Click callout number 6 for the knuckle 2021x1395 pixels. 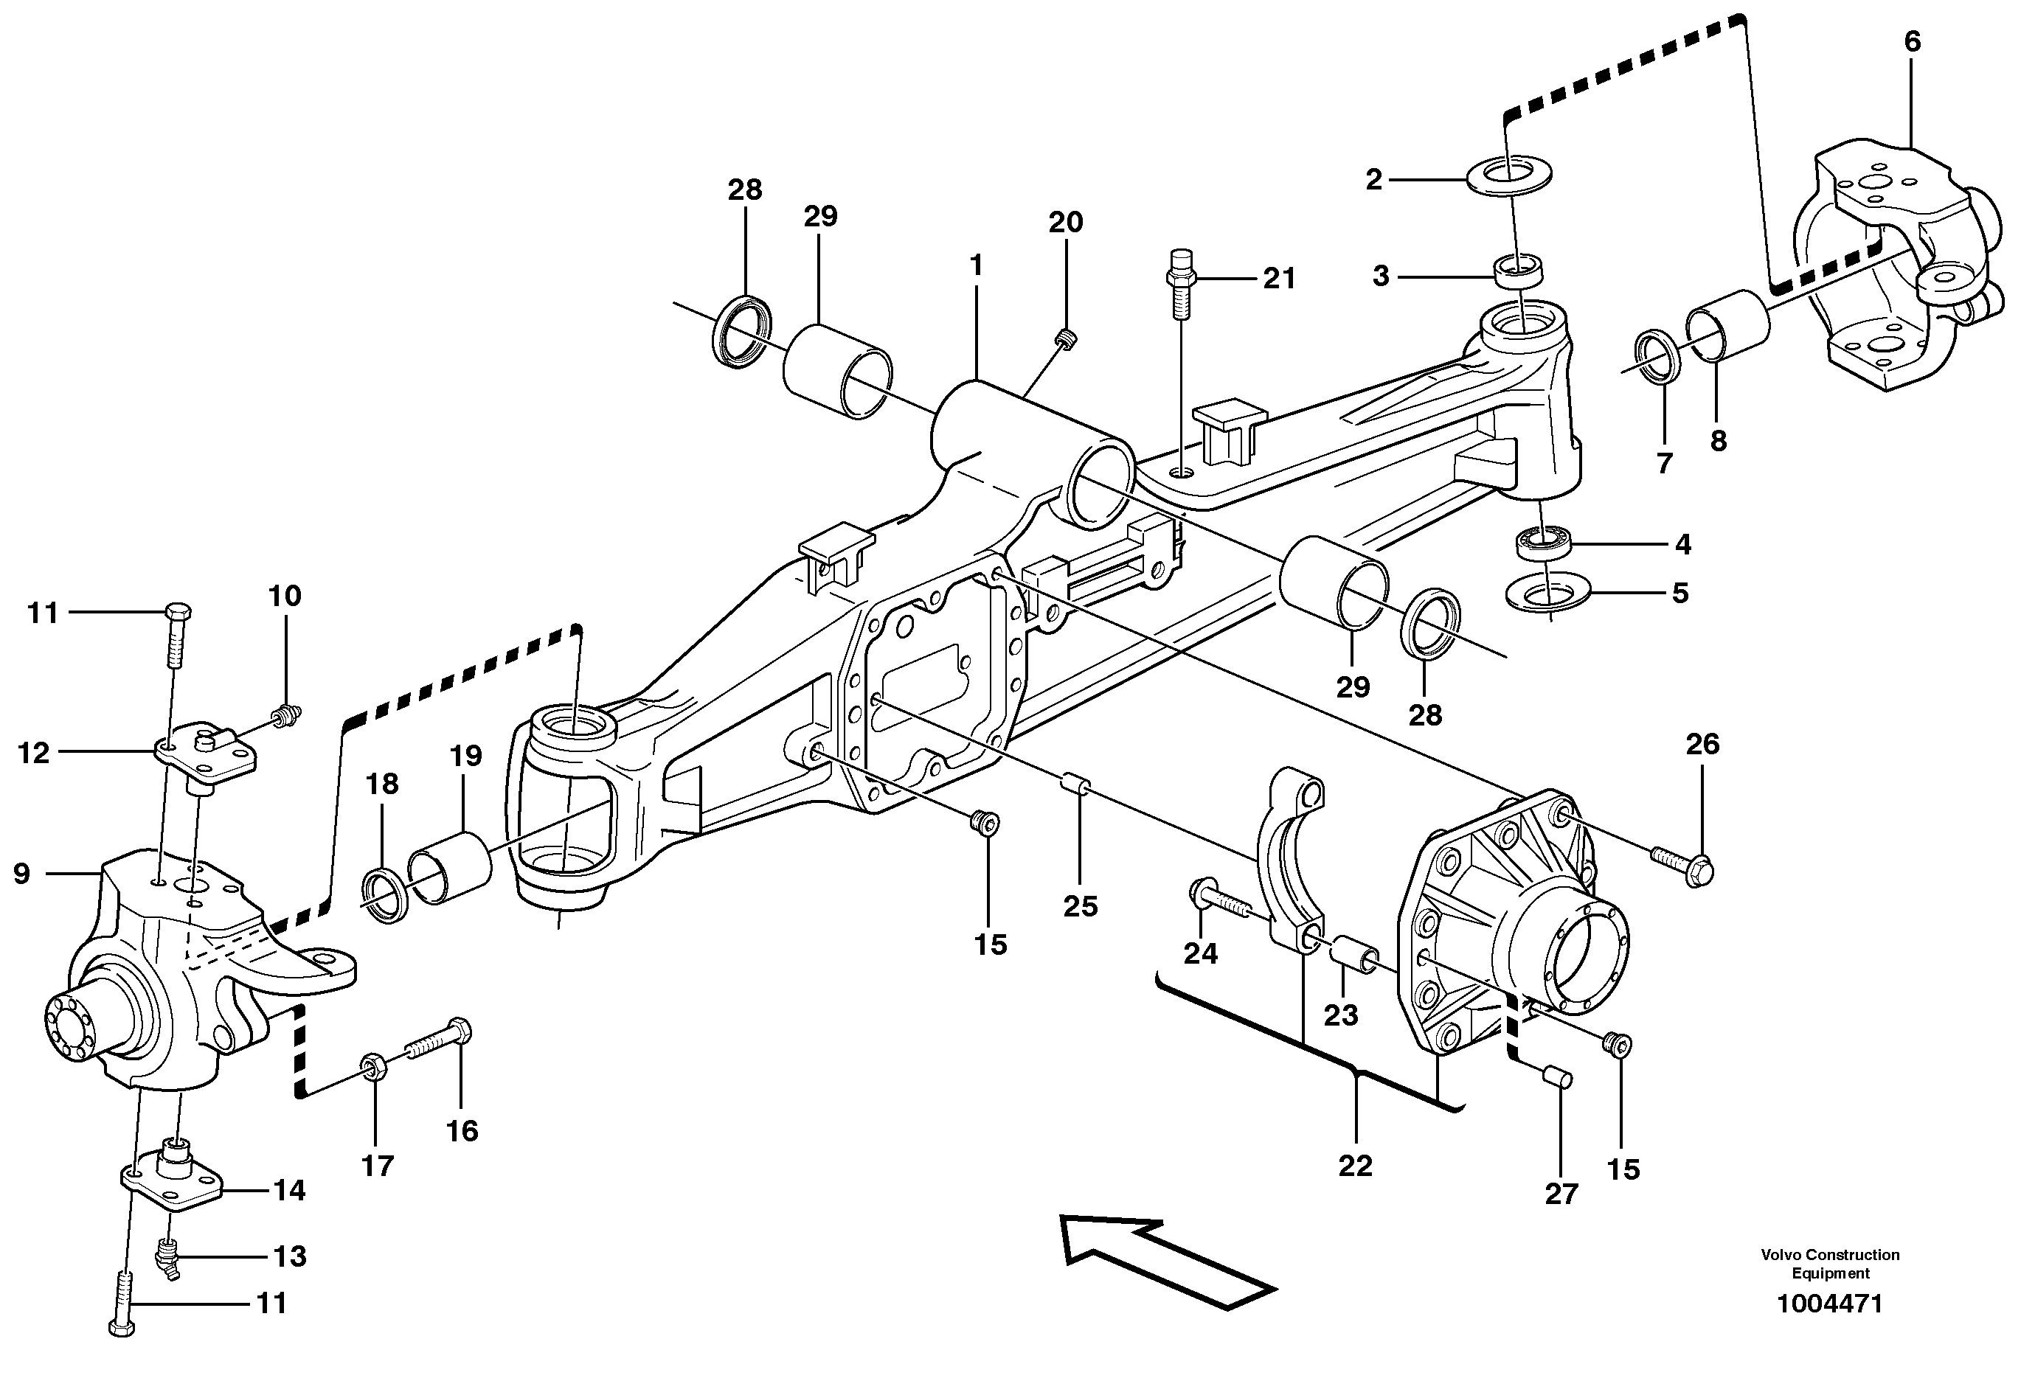pos(1912,42)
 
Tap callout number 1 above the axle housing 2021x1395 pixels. pos(976,265)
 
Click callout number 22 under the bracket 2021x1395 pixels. pos(1355,1166)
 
